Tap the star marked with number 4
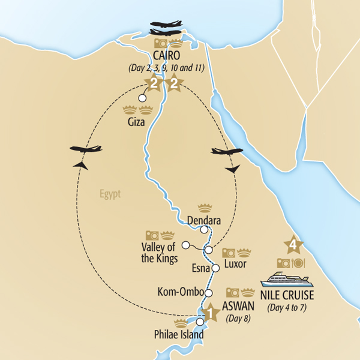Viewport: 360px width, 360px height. pyautogui.click(x=292, y=245)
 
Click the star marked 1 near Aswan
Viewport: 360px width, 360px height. pyautogui.click(x=209, y=313)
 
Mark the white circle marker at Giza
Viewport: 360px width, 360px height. pyautogui.click(x=142, y=98)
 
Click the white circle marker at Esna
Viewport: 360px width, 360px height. pyautogui.click(x=216, y=268)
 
